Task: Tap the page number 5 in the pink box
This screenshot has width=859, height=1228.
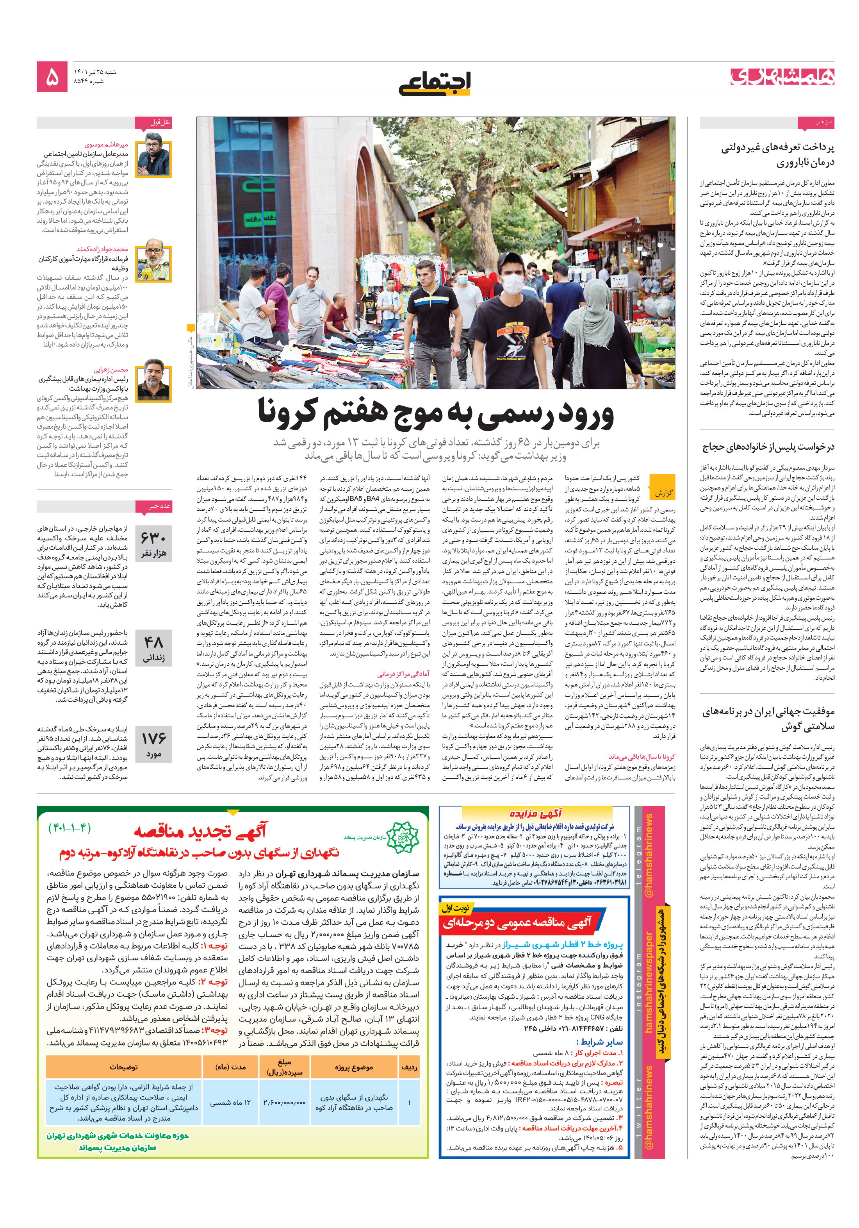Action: (52, 77)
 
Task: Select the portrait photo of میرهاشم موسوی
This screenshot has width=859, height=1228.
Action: (153, 158)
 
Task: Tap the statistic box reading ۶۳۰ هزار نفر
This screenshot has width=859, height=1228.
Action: (153, 543)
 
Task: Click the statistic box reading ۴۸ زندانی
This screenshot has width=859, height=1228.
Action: (153, 648)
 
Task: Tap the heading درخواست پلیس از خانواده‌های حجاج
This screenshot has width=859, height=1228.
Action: (768, 447)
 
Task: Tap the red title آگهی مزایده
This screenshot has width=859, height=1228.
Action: (535, 813)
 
